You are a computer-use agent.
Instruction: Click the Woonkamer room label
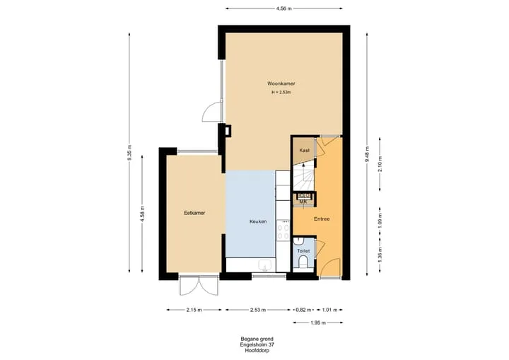[281, 83]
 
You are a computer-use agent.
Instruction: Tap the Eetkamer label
[194, 213]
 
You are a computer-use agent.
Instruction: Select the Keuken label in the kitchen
[258, 221]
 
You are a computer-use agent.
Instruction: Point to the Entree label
[322, 219]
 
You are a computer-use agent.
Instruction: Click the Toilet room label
[303, 251]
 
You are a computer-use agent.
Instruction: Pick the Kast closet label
[305, 151]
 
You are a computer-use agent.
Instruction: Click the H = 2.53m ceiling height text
[281, 92]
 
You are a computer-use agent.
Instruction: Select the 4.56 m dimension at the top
[284, 8]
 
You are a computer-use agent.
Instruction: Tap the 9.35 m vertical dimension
[129, 153]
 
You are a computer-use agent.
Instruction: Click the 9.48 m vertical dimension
[367, 154]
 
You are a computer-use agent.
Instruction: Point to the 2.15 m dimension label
[194, 310]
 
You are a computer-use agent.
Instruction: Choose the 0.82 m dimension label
[303, 310]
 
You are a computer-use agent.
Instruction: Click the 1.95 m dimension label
[317, 323]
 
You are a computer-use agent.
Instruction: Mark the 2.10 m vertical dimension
[380, 164]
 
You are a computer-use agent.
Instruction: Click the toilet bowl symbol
[303, 262]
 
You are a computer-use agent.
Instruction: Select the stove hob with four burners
[283, 230]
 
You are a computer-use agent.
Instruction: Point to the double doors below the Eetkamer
[199, 286]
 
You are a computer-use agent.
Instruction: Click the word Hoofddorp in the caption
[257, 351]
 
